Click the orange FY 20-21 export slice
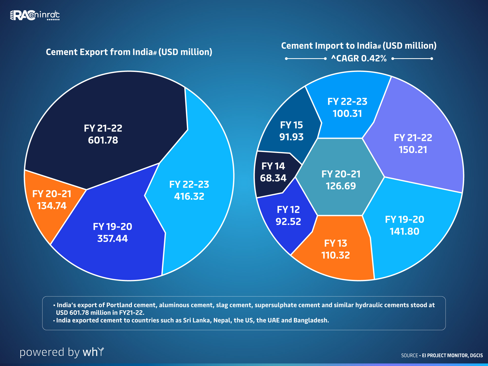[x=52, y=201]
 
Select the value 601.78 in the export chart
[x=103, y=140]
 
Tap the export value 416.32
[x=189, y=196]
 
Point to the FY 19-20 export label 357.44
[x=112, y=239]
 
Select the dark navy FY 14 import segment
[x=273, y=173]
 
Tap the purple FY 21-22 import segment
[x=413, y=144]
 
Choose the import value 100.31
[x=347, y=114]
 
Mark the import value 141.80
[x=404, y=232]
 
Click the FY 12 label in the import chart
[x=288, y=210]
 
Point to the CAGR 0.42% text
[x=359, y=58]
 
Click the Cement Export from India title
[x=129, y=52]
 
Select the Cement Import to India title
[x=359, y=46]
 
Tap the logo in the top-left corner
[x=35, y=15]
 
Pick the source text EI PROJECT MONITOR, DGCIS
[x=452, y=355]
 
